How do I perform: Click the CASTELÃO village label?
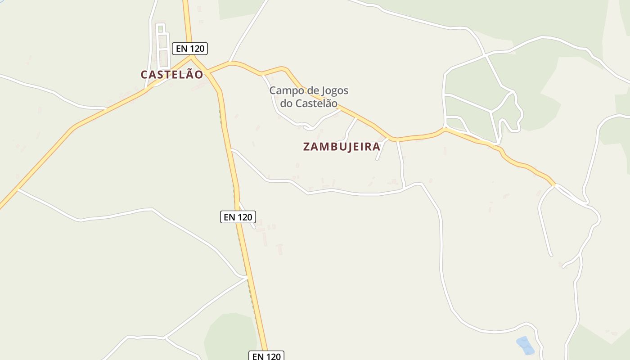click(x=172, y=75)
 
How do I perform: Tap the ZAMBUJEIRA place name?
click(x=342, y=147)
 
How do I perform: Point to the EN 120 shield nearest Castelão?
click(x=190, y=48)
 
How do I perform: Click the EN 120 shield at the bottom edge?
click(x=266, y=356)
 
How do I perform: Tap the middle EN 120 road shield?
click(x=238, y=217)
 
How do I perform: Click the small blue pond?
click(x=525, y=345)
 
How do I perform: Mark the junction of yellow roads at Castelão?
click(x=193, y=58)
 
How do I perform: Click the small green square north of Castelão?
click(x=161, y=29)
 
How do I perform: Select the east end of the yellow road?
click(x=554, y=184)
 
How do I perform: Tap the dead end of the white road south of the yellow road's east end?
click(x=551, y=255)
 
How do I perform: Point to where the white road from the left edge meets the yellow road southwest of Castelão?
click(x=18, y=189)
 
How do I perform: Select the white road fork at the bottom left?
click(x=165, y=337)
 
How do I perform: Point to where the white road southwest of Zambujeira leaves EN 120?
click(x=230, y=149)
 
